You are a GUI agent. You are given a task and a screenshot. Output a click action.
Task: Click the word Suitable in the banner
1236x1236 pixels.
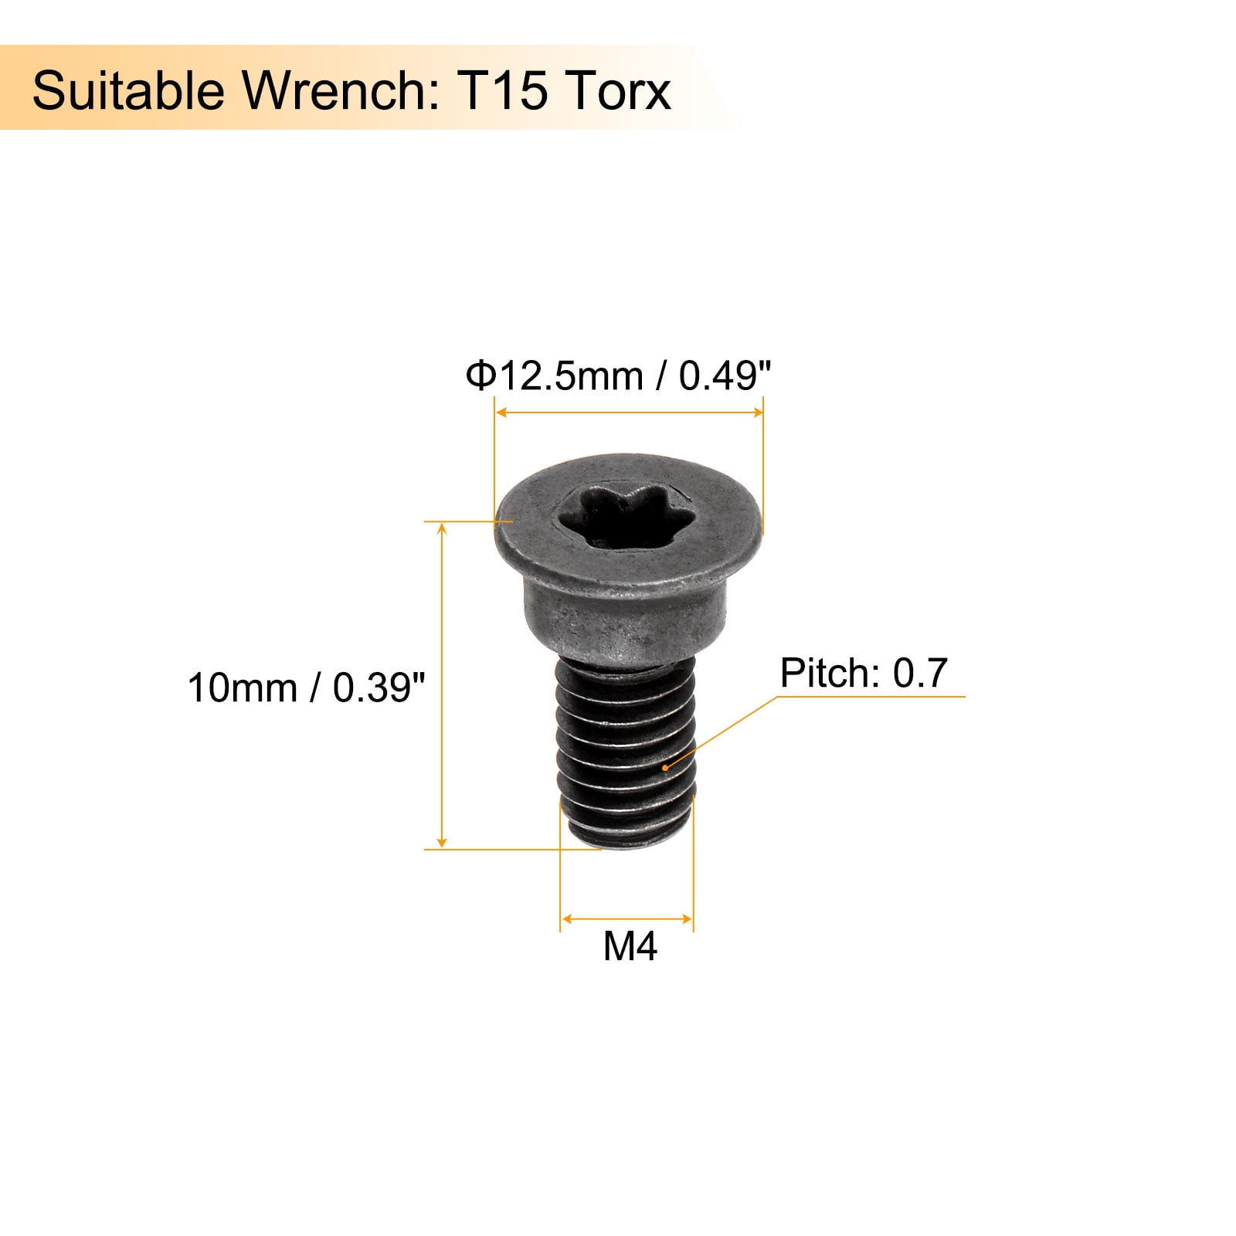coord(127,90)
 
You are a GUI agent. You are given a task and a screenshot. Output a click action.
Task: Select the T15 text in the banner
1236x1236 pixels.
coord(503,90)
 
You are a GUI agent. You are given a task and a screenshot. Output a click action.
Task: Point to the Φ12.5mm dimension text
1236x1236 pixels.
coord(554,377)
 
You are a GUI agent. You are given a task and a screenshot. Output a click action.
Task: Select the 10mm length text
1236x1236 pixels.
coord(242,688)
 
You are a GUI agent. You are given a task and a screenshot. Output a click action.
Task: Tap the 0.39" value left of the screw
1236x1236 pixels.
coord(379,688)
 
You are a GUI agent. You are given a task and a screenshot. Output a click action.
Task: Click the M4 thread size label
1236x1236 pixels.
coord(630,946)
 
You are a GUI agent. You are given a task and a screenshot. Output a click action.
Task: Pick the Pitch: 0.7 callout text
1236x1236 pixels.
coord(863,673)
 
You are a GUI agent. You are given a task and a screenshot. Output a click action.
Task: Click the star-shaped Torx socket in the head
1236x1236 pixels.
coord(617,516)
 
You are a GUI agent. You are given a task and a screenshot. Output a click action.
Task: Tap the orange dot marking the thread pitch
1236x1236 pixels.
coord(666,767)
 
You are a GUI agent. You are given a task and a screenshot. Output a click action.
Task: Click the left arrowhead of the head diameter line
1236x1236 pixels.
coord(501,413)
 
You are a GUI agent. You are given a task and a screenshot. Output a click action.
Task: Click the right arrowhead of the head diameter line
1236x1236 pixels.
coord(758,413)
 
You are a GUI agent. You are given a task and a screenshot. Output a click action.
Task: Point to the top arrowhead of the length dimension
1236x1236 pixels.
coord(442,528)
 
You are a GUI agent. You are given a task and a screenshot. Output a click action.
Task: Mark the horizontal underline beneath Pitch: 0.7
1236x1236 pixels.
coord(873,697)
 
